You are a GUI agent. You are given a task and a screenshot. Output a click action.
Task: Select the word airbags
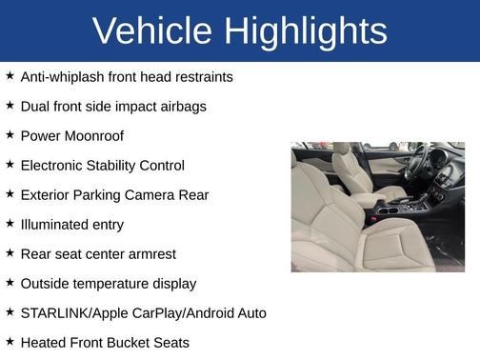(x=181, y=106)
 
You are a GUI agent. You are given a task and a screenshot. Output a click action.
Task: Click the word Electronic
(x=54, y=165)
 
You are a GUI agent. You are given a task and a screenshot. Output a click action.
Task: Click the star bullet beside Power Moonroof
(x=10, y=134)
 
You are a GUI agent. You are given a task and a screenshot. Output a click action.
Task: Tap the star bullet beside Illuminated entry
(x=10, y=223)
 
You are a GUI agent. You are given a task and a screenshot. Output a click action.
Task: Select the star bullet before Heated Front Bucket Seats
(x=10, y=341)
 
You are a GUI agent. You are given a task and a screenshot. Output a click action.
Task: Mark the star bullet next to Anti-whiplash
(x=10, y=75)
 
